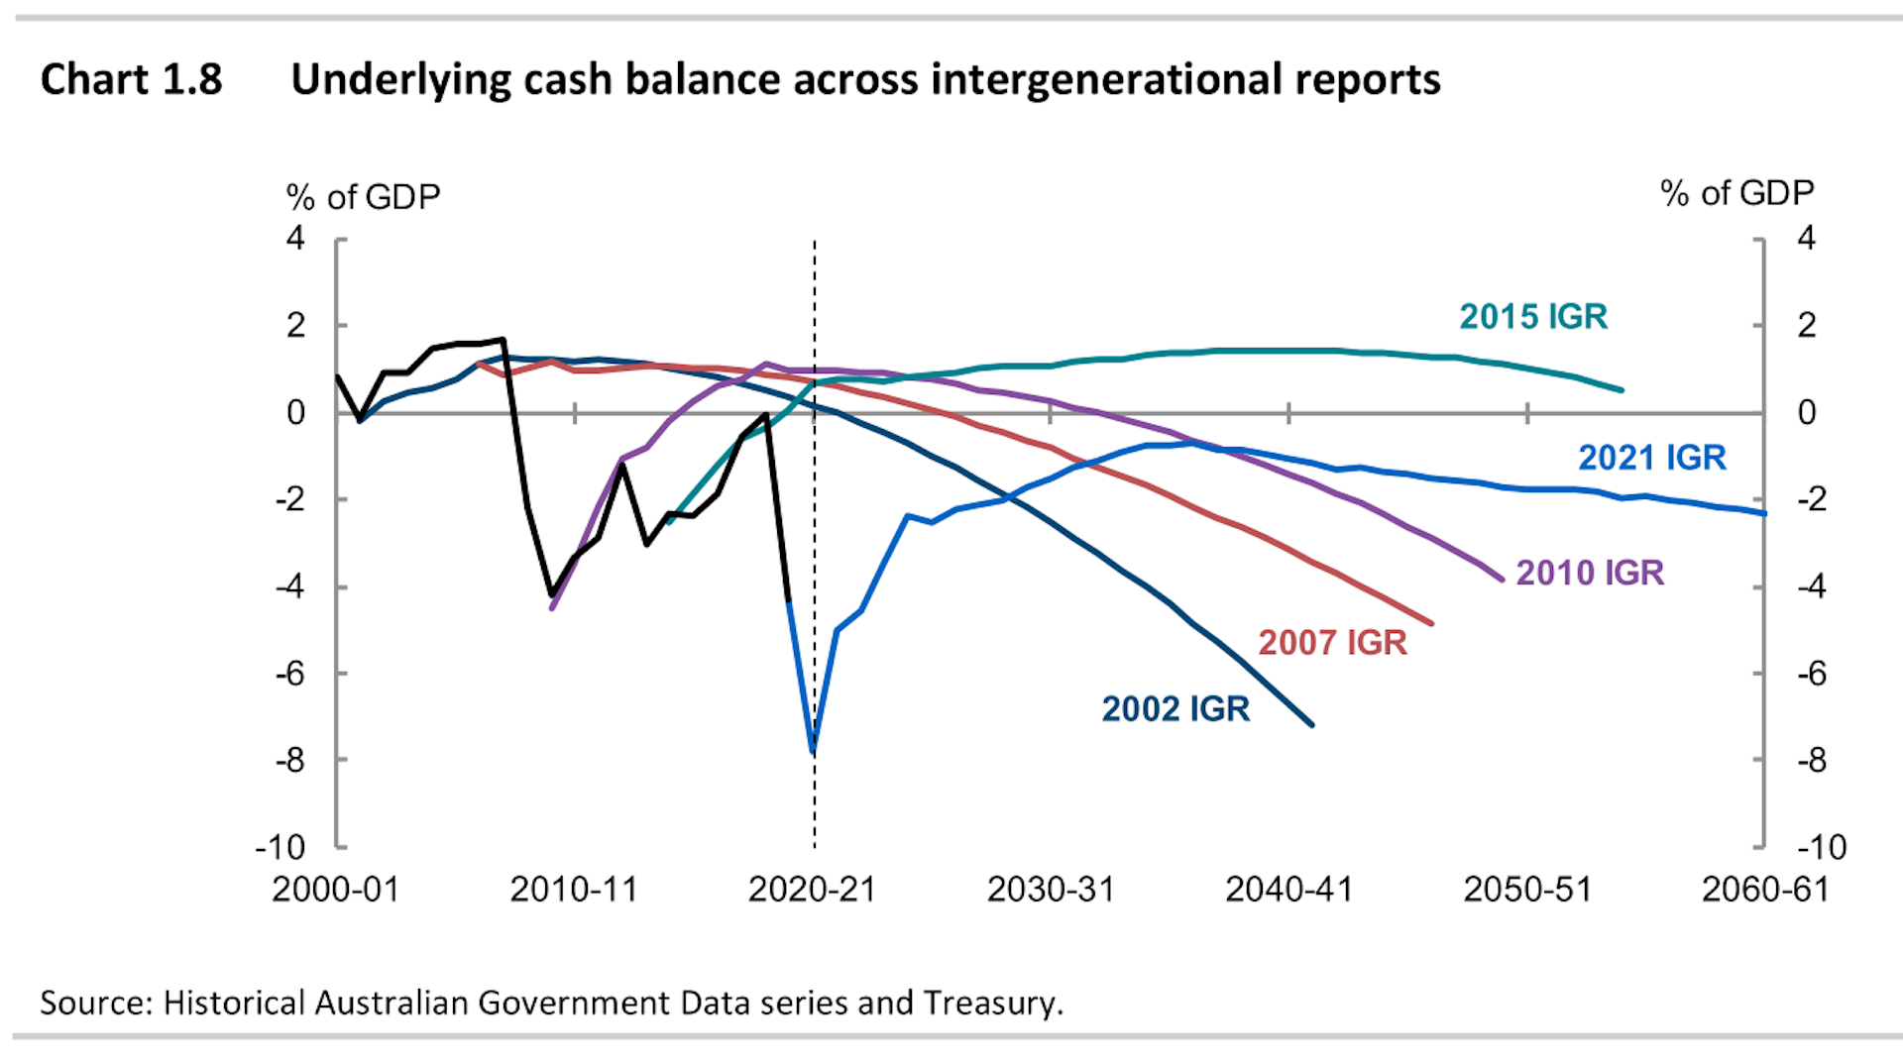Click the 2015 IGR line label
coord(1532,317)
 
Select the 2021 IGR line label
coord(1651,458)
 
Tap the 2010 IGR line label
coord(1589,573)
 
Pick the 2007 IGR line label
coord(1332,643)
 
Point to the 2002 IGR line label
coord(1175,709)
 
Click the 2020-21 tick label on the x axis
coord(812,890)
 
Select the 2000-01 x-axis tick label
coord(335,890)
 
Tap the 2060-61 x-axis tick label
coord(1765,890)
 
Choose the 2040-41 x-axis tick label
coord(1288,890)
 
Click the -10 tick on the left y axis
coord(280,848)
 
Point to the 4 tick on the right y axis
coord(1806,239)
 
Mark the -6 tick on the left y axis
coord(289,674)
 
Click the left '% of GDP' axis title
coord(363,197)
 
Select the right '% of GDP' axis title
coord(1736,193)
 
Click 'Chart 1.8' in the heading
coord(131,79)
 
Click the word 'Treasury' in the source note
coord(990,1003)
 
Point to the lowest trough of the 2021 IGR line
coord(813,752)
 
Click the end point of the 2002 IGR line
coord(1312,725)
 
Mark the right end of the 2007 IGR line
coord(1431,623)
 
